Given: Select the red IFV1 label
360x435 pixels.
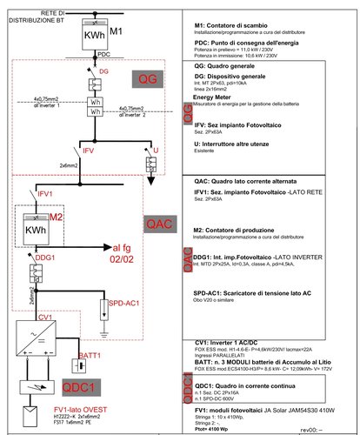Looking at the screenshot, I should (45, 190).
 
